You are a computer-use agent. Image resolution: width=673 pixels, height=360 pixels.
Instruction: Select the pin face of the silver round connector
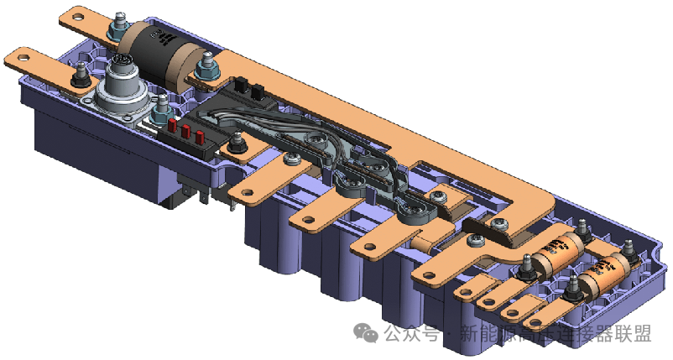120,65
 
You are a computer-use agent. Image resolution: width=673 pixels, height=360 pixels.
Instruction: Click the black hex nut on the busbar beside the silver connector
81,79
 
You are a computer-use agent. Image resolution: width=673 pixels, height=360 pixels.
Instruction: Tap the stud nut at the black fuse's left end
123,22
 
